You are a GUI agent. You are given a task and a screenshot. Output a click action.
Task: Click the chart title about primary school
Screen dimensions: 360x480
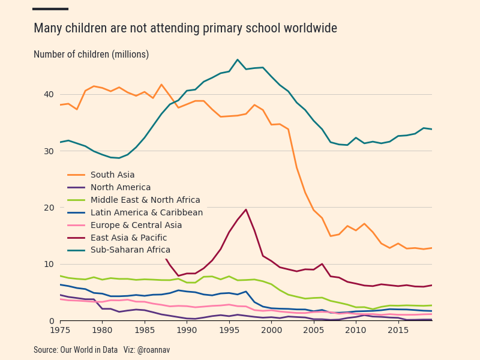pos(185,28)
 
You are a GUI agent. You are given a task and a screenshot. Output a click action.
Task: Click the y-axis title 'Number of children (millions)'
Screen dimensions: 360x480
pos(91,55)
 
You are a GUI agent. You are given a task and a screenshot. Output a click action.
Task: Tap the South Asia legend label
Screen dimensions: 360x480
pos(113,175)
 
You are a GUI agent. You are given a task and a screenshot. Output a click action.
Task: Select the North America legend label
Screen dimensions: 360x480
pos(121,187)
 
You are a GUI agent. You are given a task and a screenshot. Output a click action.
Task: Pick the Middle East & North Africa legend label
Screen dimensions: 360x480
pos(145,200)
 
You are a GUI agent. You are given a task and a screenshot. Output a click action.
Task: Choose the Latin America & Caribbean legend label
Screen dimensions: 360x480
pos(146,212)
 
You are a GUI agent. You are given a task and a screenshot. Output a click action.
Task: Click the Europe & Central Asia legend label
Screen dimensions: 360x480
pos(136,225)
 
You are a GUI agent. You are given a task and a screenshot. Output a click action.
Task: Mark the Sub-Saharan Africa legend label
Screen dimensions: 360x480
pos(130,250)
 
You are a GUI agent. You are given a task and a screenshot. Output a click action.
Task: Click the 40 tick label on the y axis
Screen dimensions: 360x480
pos(49,94)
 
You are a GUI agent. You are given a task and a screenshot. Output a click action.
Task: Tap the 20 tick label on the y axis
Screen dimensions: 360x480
pos(49,208)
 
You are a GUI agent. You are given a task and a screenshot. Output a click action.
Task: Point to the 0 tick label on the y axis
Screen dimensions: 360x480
pos(51,321)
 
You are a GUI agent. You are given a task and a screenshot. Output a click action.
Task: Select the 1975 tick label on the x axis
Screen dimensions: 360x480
pos(60,330)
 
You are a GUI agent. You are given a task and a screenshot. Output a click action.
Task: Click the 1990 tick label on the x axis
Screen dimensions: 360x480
pos(187,330)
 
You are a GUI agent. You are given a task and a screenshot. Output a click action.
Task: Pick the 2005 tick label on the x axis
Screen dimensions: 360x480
pos(313,330)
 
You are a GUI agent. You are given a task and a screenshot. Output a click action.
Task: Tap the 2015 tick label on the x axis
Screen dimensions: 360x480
pos(398,330)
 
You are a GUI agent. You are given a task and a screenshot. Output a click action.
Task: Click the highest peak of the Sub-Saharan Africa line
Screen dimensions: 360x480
pos(238,59)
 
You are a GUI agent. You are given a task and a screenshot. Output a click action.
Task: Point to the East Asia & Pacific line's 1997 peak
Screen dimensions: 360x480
pos(246,209)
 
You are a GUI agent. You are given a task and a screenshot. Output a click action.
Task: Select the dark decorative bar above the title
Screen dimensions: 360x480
pos(50,9)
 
